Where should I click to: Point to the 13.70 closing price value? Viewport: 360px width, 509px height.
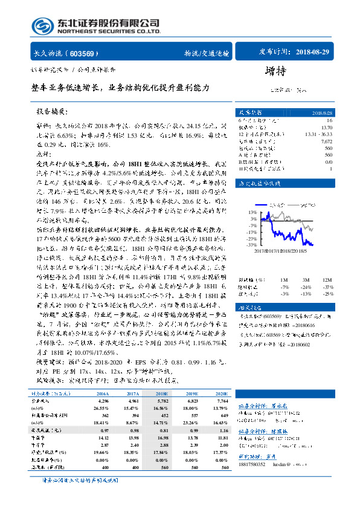pos(327,127)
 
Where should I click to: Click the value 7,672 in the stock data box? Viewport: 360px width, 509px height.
pos(327,140)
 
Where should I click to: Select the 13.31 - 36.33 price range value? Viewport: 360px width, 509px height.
pos(318,134)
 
